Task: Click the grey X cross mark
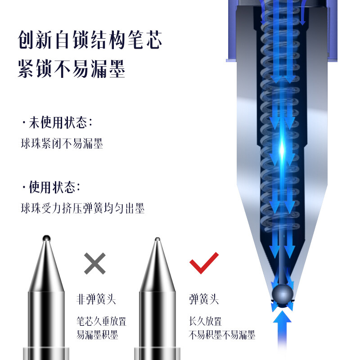[x=95, y=263]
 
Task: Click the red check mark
[x=204, y=263]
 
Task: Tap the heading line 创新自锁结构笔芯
[x=90, y=40]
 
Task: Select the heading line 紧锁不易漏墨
[x=72, y=68]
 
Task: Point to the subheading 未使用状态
[x=58, y=122]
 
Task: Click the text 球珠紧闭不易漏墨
[x=62, y=144]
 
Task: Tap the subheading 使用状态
[x=52, y=187]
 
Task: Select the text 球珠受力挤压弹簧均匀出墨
[x=83, y=208]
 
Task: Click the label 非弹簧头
[x=96, y=299]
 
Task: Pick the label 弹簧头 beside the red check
[x=204, y=299]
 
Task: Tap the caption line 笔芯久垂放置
[x=102, y=321]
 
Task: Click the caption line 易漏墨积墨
[x=97, y=335]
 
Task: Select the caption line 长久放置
[x=205, y=321]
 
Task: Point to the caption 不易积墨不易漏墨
[x=222, y=335]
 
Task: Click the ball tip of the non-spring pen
[x=46, y=238]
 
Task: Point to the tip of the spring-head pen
[x=157, y=239]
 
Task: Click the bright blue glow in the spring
[x=282, y=149]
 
